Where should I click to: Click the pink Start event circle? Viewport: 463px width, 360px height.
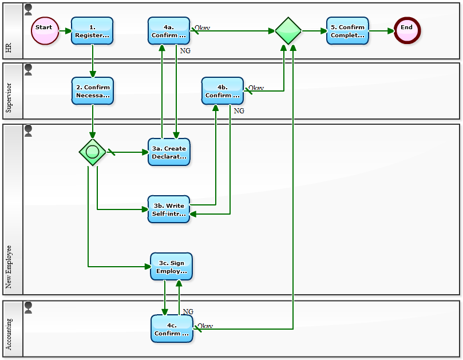pos(44,31)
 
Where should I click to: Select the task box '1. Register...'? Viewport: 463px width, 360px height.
pos(92,31)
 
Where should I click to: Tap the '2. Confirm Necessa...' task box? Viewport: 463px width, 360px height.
pos(92,91)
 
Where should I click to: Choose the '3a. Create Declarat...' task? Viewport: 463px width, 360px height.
pos(169,152)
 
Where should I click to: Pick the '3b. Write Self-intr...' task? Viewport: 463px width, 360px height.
pos(169,209)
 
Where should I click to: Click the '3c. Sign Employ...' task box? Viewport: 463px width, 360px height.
pos(171,267)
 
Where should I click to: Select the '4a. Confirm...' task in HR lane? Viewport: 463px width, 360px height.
pos(169,31)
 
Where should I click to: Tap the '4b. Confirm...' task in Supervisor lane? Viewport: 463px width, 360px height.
pos(223,91)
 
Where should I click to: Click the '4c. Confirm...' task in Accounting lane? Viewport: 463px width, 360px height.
pos(172,329)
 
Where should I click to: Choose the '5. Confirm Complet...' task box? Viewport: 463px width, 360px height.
pos(347,31)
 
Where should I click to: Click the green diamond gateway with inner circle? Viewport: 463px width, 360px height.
pos(93,152)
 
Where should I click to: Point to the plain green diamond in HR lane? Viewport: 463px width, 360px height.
pos(288,31)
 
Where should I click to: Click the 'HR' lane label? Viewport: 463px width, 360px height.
pos(9,48)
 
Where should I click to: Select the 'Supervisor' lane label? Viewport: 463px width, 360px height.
pos(9,97)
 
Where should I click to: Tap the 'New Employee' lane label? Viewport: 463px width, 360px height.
pos(9,267)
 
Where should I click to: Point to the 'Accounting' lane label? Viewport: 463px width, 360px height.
pos(9,335)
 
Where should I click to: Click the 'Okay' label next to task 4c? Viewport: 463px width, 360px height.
pos(205,326)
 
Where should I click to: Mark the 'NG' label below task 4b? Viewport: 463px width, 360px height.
pos(239,111)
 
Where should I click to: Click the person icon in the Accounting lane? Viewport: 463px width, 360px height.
pos(28,307)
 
